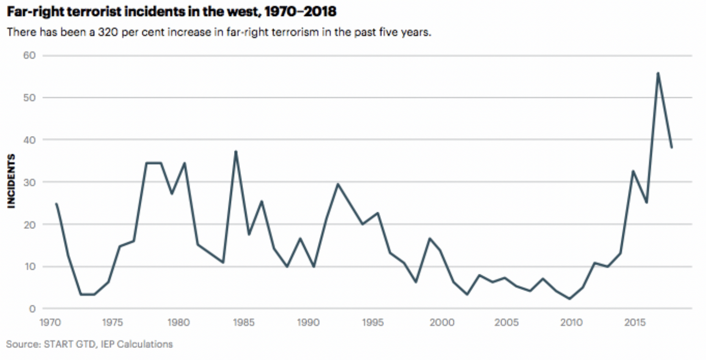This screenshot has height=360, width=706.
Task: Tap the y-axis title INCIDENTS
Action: coord(11,181)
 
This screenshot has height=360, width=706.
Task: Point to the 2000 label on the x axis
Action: coord(441,322)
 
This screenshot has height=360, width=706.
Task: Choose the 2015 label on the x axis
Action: coord(633,322)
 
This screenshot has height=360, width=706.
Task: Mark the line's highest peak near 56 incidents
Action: coord(658,73)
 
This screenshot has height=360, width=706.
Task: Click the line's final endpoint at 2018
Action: coord(672,147)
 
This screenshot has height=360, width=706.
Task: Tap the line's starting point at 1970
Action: coord(56,204)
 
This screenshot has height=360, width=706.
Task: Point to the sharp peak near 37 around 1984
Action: coord(236,151)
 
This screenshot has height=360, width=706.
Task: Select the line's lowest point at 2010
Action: coord(570,298)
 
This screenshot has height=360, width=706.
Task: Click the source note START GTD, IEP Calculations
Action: coord(89,344)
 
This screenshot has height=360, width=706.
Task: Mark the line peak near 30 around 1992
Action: coord(338,184)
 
